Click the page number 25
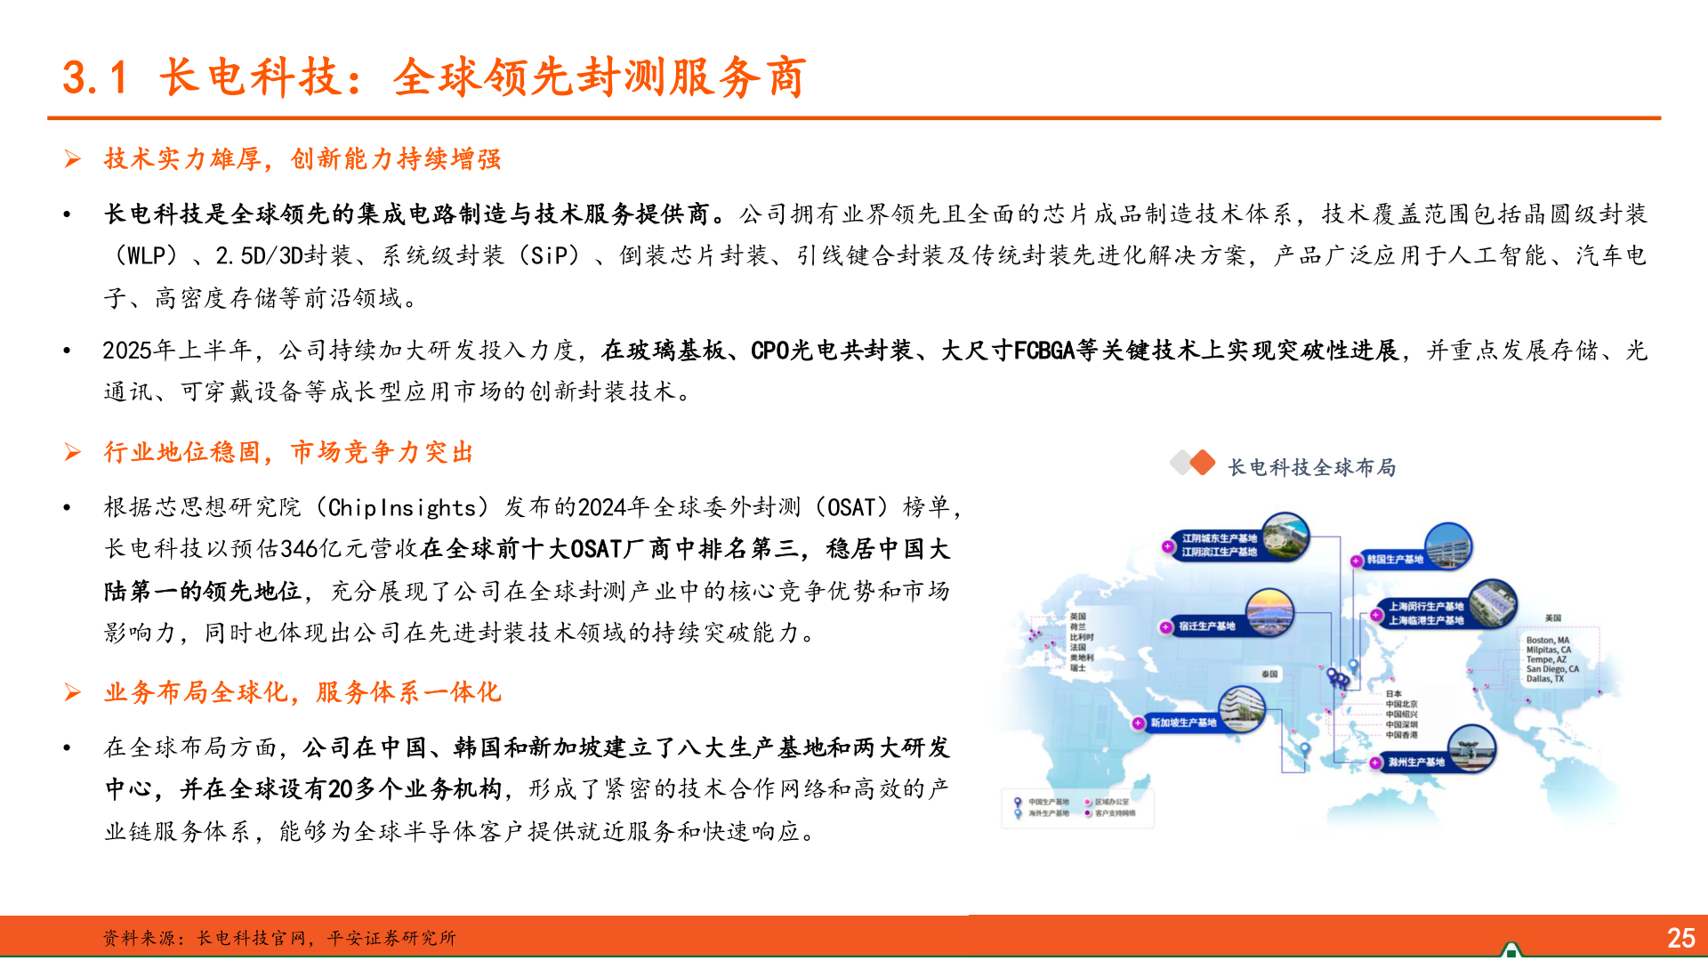point(1680,938)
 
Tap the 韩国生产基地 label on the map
point(1395,560)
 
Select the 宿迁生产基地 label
point(1207,626)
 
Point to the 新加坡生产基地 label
point(1183,723)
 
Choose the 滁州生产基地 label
point(1416,763)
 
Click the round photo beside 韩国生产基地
point(1447,545)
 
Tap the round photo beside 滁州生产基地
point(1471,748)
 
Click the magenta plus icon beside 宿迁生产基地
point(1165,627)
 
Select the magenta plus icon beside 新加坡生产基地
point(1138,723)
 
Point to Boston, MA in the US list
point(1548,641)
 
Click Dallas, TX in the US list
point(1545,679)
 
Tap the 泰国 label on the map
point(1269,674)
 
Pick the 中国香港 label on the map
point(1402,735)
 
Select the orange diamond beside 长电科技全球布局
point(1202,463)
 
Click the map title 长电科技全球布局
point(1311,467)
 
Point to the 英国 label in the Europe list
point(1077,616)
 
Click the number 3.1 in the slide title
point(95,77)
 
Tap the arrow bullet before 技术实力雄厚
point(73,159)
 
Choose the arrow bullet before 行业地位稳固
point(73,453)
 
